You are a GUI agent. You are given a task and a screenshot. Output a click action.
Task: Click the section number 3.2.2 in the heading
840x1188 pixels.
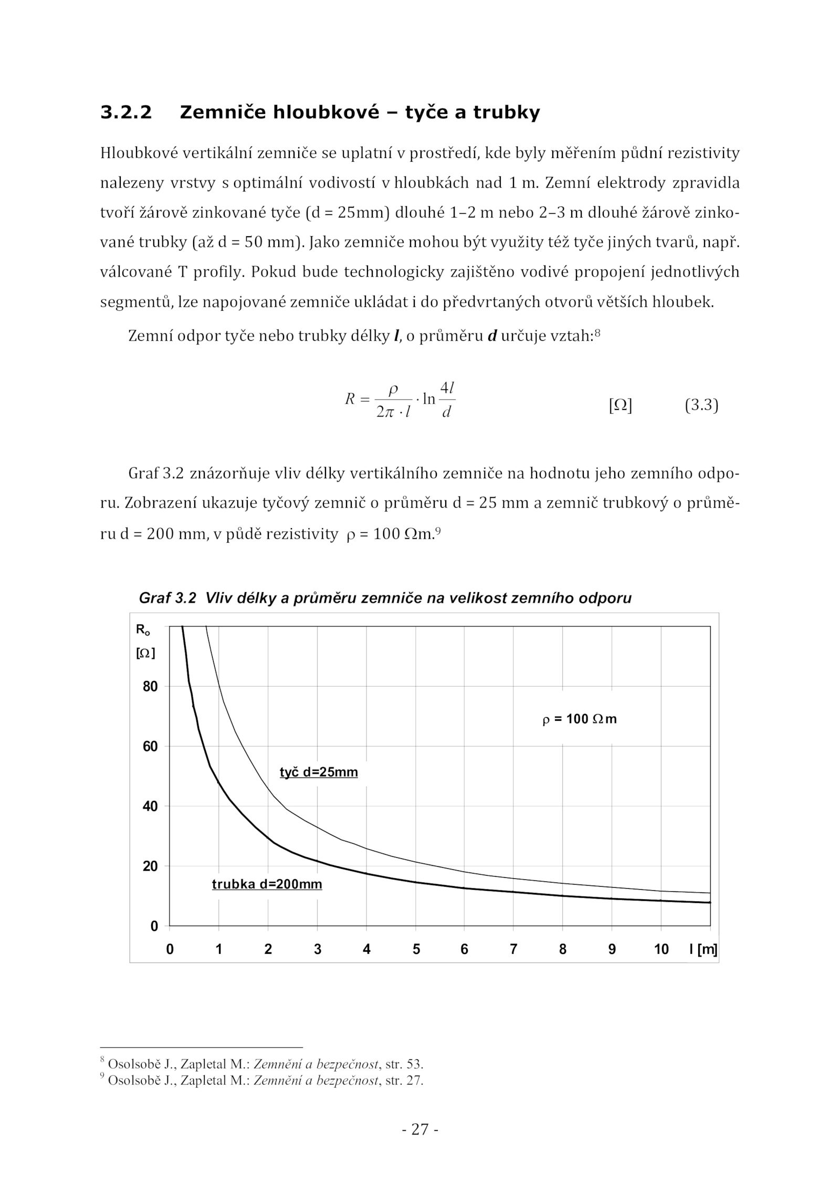[126, 112]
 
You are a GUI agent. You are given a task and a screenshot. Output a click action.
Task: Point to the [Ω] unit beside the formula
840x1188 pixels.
[620, 405]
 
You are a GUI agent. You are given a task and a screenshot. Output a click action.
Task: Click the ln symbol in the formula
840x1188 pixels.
[429, 399]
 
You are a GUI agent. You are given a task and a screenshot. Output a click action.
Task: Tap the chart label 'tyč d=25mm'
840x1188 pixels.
[319, 772]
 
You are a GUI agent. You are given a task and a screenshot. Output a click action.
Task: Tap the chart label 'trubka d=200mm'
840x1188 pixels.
[267, 884]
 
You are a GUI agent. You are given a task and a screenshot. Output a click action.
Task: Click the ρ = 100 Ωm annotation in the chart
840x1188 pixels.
[579, 719]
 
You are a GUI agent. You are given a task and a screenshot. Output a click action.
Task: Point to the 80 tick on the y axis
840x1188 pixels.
[150, 687]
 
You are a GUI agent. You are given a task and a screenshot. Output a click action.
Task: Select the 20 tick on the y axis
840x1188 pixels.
[150, 866]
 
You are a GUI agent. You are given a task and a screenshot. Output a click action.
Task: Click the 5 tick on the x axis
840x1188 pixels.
[416, 949]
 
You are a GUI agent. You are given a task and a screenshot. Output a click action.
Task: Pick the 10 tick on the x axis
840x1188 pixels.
[661, 949]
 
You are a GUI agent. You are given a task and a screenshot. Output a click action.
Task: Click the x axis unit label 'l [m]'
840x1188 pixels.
[703, 949]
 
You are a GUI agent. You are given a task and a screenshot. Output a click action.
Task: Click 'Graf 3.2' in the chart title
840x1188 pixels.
[167, 598]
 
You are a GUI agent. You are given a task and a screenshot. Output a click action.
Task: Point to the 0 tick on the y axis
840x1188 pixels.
[154, 927]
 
